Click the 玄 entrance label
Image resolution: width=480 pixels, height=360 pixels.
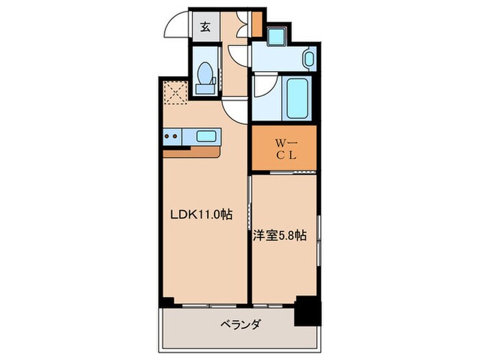point(205,28)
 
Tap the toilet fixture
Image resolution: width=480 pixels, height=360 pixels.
point(204,74)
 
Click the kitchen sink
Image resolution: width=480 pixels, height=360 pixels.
point(207,136)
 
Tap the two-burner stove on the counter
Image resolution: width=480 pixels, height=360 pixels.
point(173,136)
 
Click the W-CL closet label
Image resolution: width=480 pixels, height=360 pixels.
point(285,148)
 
